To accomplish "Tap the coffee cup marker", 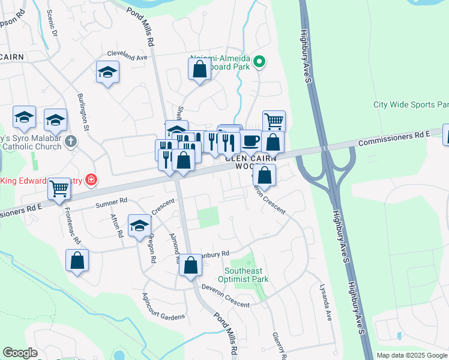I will point(251,141).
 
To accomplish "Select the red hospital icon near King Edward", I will point(90,179).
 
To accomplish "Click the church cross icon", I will point(71,142).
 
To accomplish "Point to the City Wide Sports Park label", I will point(411,104).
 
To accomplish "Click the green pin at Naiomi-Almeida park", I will point(259,61).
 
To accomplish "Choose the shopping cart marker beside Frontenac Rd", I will point(59,188).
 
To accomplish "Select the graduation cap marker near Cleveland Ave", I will point(107,72).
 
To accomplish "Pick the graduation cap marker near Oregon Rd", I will point(139,226).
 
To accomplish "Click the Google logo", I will point(20,353).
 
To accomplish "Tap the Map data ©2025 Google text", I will point(411,355).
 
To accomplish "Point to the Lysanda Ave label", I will point(326,302).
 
